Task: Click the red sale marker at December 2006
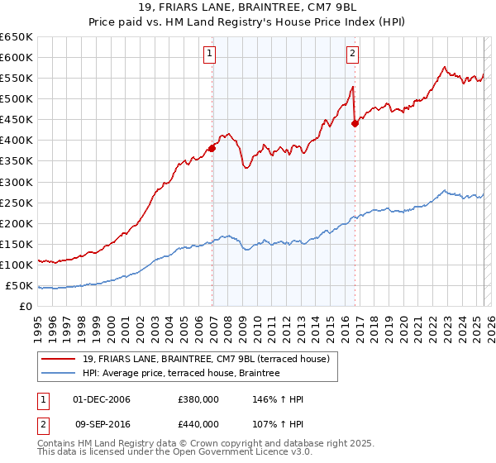[212, 148]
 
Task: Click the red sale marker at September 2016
[355, 123]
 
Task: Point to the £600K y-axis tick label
[17, 57]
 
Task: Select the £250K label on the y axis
[17, 203]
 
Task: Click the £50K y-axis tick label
[19, 286]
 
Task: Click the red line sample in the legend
[60, 359]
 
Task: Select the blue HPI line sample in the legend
[60, 374]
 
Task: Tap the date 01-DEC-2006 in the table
[102, 399]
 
